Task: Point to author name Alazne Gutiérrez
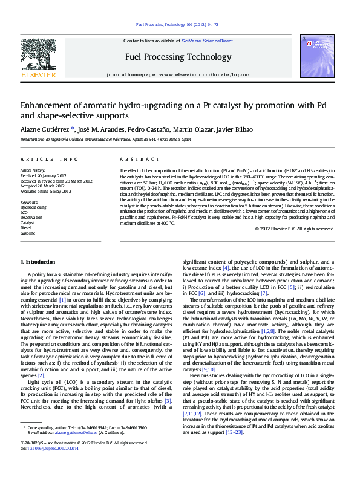click(45, 129)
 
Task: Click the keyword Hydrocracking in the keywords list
click(33, 207)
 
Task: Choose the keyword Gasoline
click(28, 233)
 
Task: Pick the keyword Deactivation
click(32, 217)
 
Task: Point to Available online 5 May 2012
click(46, 191)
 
